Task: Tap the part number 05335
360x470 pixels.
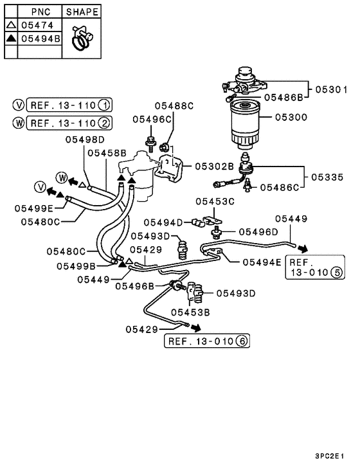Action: click(328, 176)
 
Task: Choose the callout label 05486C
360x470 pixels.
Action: click(280, 188)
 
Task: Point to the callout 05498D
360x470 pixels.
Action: click(86, 139)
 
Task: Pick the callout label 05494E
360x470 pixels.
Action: click(262, 262)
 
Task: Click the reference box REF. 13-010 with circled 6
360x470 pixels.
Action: click(208, 341)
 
